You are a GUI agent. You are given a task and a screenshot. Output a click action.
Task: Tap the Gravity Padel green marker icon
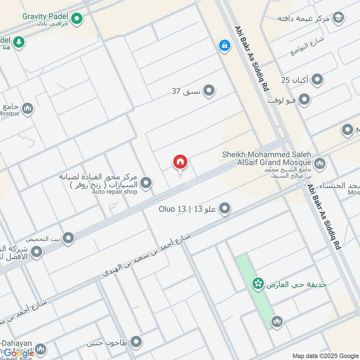pyautogui.click(x=77, y=18)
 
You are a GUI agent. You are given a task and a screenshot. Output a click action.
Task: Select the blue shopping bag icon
pyautogui.click(x=224, y=45)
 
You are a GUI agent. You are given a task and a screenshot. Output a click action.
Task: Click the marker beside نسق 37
pyautogui.click(x=208, y=91)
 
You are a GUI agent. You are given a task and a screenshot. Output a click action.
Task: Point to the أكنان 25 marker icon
pyautogui.click(x=317, y=80)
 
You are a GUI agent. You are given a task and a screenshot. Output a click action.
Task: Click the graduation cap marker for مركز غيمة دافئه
pyautogui.click(x=337, y=18)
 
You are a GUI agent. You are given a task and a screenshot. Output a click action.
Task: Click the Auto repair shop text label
pyautogui.click(x=115, y=192)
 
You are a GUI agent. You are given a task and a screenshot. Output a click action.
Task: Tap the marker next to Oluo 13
pyautogui.click(x=225, y=208)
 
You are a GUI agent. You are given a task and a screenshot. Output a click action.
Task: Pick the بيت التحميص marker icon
pyautogui.click(x=68, y=238)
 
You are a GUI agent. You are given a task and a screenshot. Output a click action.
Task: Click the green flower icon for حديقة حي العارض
pyautogui.click(x=257, y=283)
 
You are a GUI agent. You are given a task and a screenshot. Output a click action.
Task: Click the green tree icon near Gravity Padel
pyautogui.click(x=19, y=42)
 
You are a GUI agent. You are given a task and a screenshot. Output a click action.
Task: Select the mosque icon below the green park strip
pyautogui.click(x=276, y=321)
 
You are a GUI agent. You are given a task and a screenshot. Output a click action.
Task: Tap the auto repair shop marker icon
pyautogui.click(x=145, y=183)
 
